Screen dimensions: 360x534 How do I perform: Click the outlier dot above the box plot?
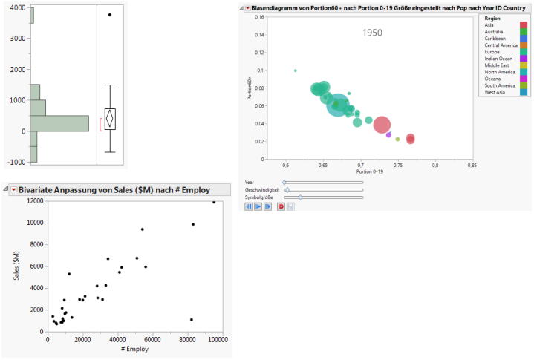(x=110, y=15)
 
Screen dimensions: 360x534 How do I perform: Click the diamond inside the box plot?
(x=110, y=117)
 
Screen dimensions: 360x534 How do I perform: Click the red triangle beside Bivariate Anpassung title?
(x=13, y=190)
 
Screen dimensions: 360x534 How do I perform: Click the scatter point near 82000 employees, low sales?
(x=191, y=320)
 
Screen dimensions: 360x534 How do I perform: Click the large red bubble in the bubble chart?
(x=382, y=125)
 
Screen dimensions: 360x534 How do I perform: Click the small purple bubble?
(x=388, y=135)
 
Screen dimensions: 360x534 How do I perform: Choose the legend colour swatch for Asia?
(x=524, y=24)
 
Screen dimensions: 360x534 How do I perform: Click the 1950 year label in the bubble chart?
(x=373, y=33)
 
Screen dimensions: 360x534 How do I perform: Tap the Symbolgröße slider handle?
(x=300, y=197)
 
